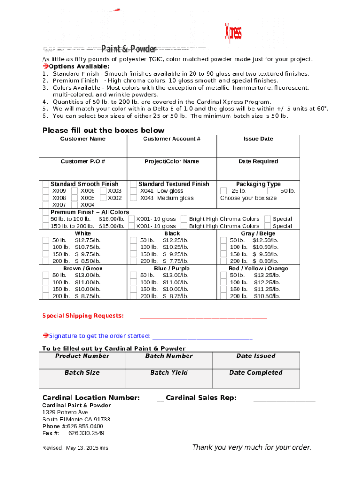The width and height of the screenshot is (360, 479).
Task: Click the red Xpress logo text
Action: (233, 33)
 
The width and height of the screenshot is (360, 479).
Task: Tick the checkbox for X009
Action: (46, 191)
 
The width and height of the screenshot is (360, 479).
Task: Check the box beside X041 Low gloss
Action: (134, 191)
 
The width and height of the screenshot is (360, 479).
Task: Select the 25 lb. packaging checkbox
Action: (223, 191)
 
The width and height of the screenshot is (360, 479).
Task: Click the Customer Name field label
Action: (83, 139)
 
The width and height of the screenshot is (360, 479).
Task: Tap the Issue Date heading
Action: (258, 139)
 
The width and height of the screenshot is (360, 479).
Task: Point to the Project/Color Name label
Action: (172, 161)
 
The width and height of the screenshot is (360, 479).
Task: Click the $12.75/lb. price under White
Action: (87, 240)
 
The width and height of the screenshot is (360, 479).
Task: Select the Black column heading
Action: (172, 233)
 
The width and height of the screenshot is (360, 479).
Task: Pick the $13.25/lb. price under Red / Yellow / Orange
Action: (267, 276)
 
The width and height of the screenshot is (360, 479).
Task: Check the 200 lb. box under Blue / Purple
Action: (134, 296)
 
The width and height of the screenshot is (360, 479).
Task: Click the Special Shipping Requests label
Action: (83, 316)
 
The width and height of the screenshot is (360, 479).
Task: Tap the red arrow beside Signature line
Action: (45, 335)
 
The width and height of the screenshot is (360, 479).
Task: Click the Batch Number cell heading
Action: (169, 356)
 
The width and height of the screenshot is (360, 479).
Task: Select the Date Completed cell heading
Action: (256, 373)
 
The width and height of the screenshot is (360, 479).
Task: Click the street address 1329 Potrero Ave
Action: (65, 412)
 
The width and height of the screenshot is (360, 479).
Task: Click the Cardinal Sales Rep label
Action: (201, 398)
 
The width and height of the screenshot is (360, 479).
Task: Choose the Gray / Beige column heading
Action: (258, 233)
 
